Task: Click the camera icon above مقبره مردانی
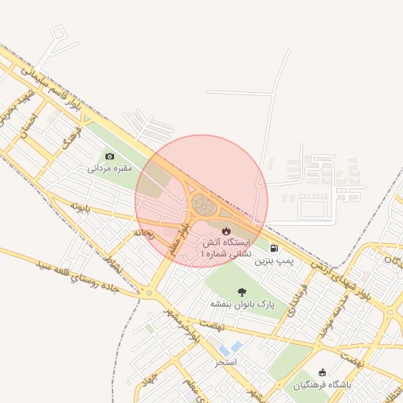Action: (109, 157)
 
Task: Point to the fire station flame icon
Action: (227, 231)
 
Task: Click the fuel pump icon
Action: (273, 248)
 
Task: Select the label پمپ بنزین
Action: (276, 259)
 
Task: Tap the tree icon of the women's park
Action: (241, 292)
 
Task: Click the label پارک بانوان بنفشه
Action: (240, 304)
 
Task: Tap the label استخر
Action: (227, 362)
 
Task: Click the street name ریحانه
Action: (142, 233)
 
